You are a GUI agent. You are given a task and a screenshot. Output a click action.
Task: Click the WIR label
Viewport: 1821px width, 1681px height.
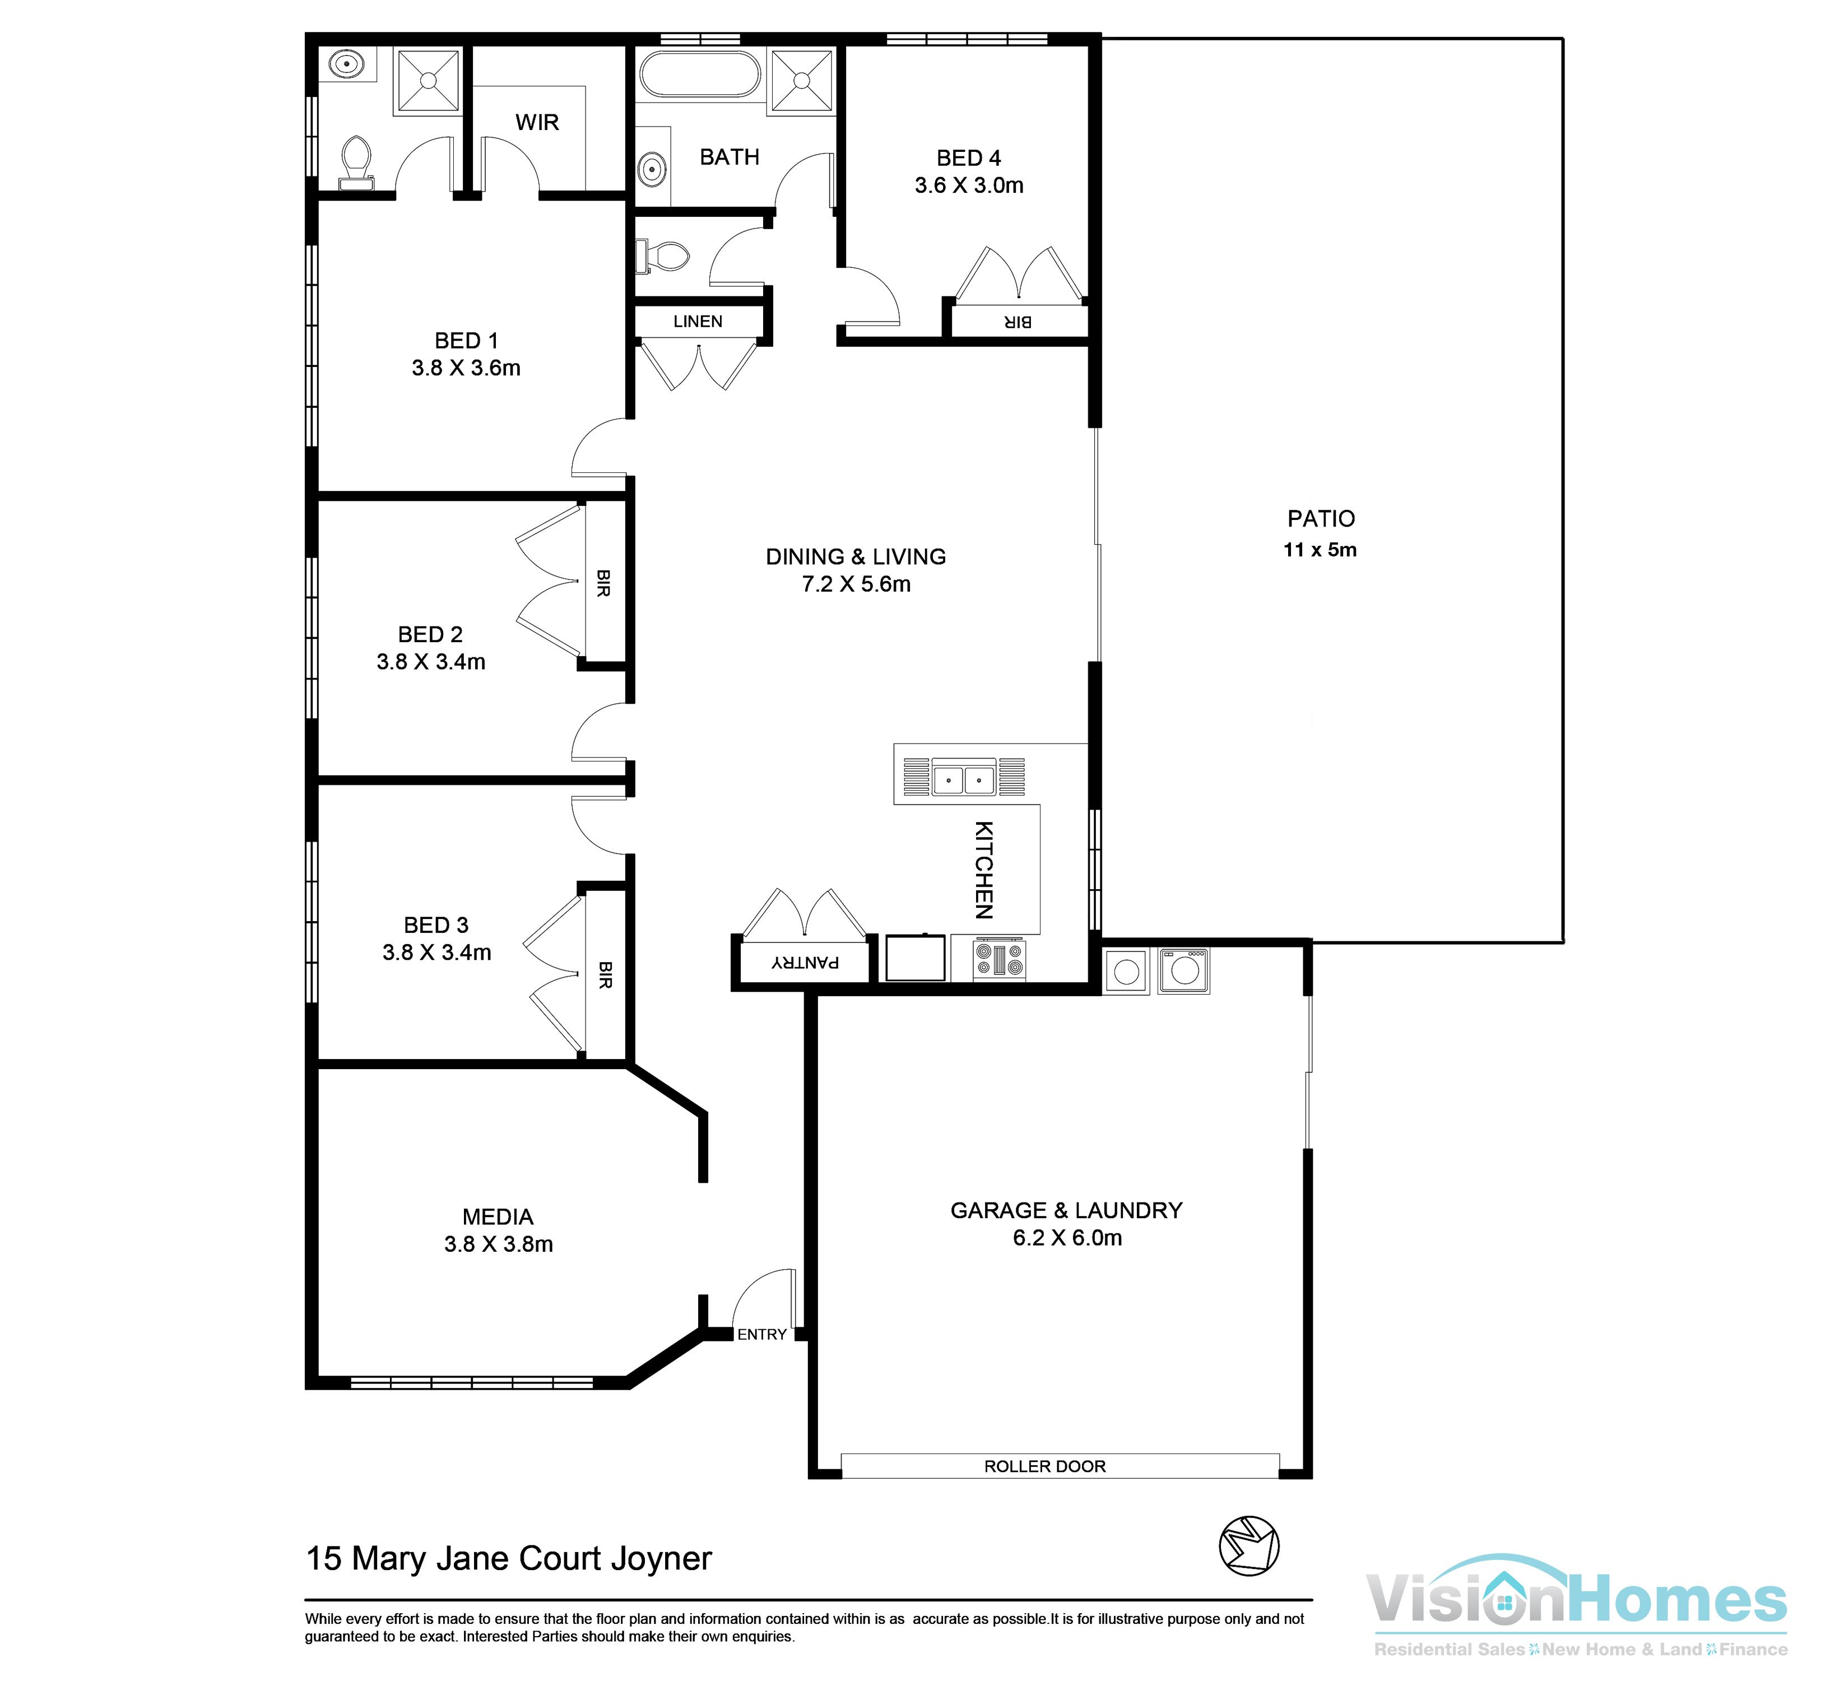click(x=537, y=123)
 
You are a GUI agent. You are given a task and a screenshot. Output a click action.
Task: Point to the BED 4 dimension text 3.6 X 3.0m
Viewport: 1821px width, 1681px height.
click(x=969, y=185)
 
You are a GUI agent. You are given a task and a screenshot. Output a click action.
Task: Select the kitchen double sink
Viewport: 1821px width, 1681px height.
click(x=963, y=779)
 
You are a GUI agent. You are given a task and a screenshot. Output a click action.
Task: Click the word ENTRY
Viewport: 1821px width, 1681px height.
click(x=761, y=1334)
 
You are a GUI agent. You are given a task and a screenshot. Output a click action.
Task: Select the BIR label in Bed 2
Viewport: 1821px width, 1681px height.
click(x=603, y=583)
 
